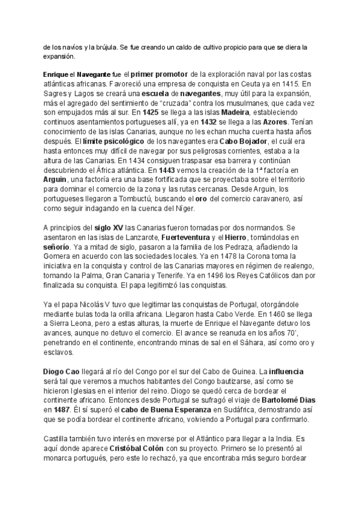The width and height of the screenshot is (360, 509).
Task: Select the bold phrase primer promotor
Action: [x=158, y=73]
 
